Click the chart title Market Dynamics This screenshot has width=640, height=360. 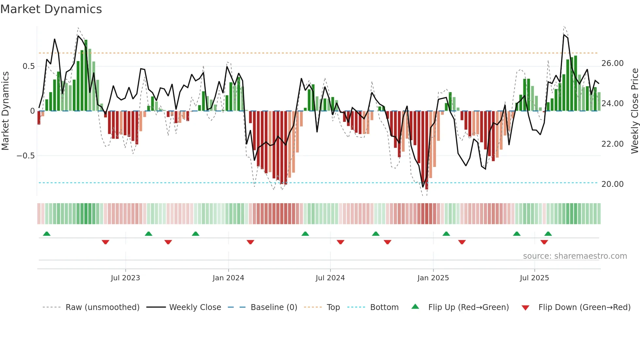coord(51,9)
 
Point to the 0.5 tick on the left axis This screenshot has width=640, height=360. coord(28,66)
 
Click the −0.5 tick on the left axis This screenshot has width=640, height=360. coord(26,156)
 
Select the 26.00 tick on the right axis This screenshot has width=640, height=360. coord(612,63)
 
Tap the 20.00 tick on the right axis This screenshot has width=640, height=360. coord(612,184)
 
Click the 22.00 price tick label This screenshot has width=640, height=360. coord(612,144)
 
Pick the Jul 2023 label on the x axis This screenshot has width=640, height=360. coord(125,278)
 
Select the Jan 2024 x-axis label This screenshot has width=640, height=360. coord(228,278)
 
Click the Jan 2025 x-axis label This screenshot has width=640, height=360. coord(433,278)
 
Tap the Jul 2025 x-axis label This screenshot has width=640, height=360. coord(534,278)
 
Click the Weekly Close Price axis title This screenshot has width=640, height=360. coord(634,111)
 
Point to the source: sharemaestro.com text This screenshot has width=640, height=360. coord(575,256)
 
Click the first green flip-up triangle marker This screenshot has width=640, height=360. coord(47,234)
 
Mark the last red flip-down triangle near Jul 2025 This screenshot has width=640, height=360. coord(544,242)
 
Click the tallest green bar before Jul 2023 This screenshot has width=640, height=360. coord(86,75)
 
